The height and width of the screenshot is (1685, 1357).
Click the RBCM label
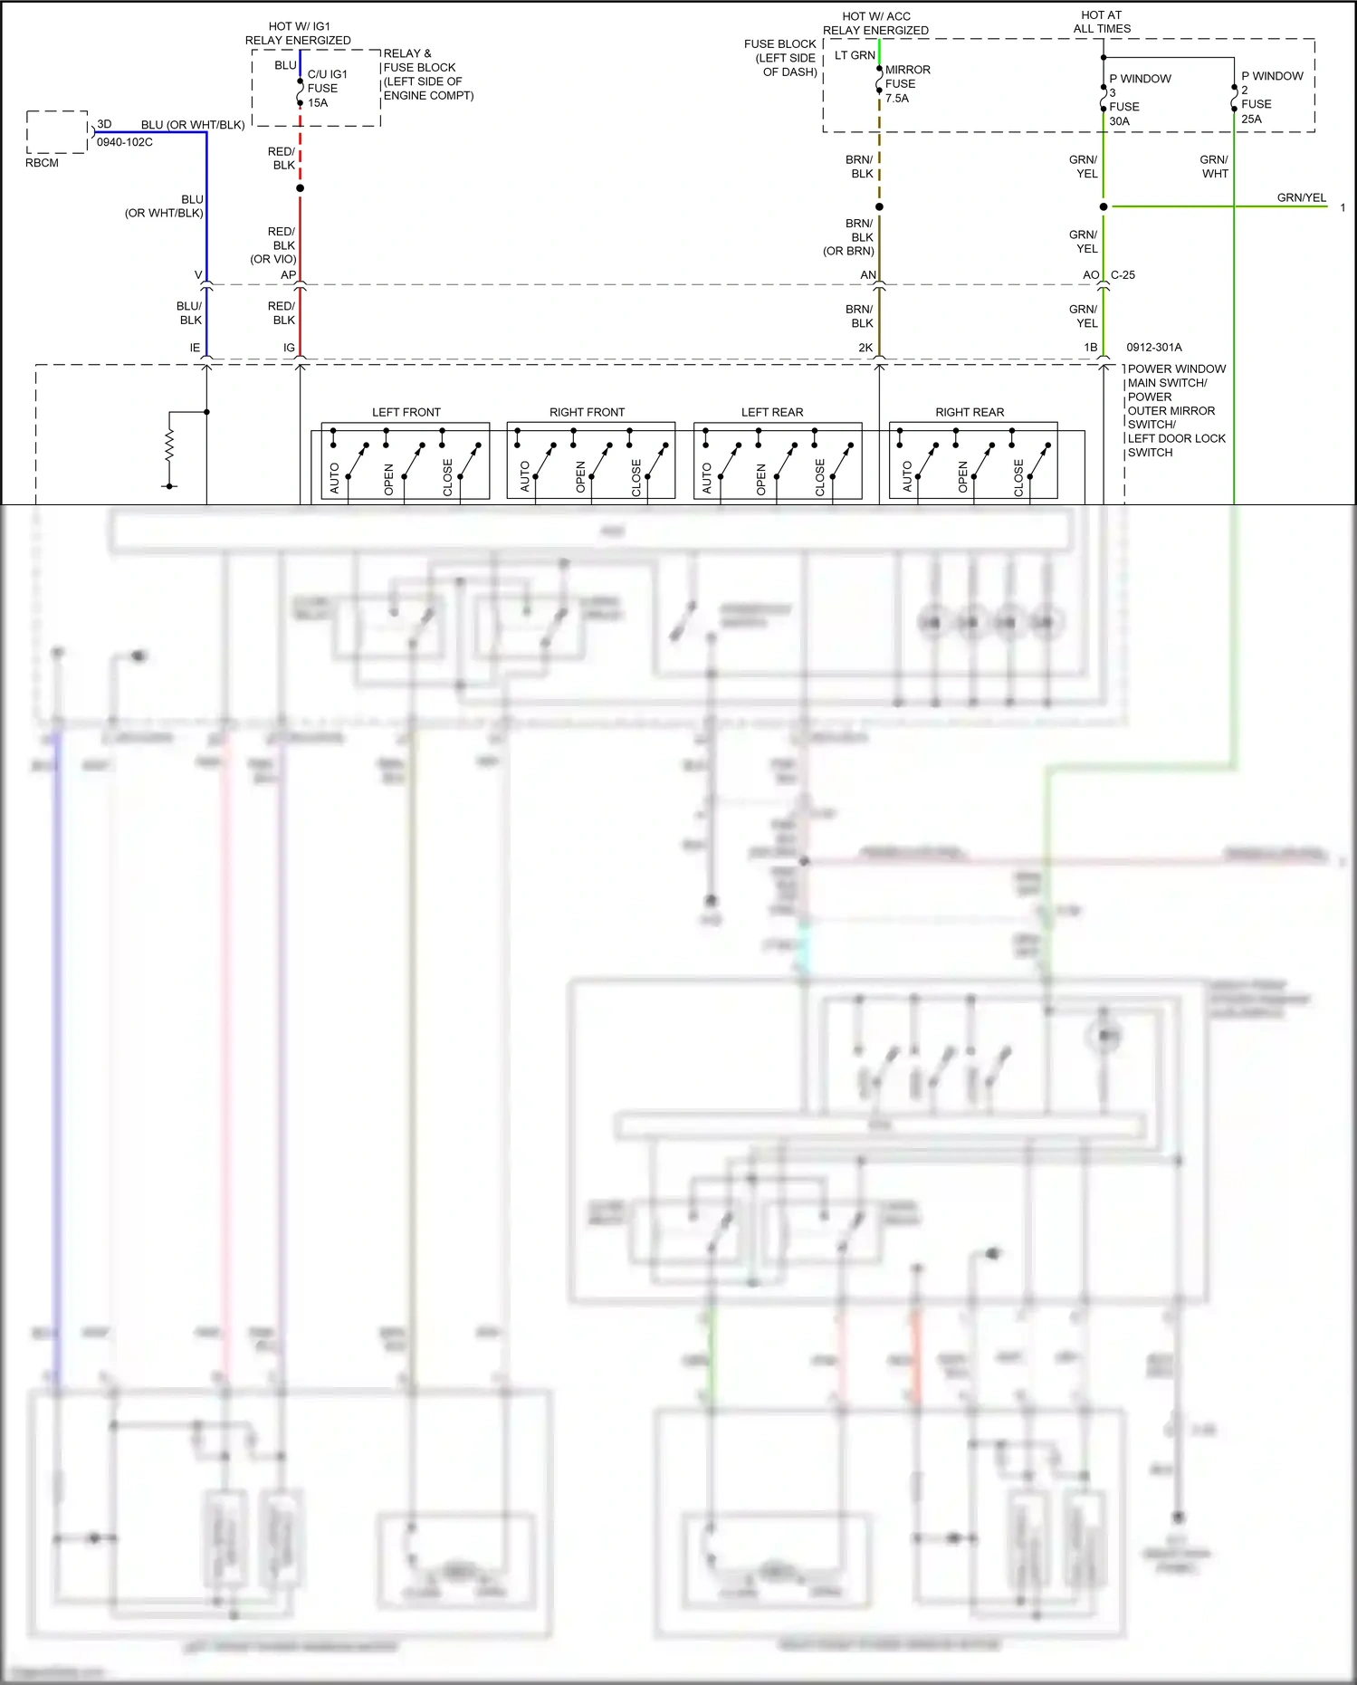point(42,163)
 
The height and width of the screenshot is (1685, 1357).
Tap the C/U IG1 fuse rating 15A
point(318,103)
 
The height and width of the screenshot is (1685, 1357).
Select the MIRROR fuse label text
point(907,70)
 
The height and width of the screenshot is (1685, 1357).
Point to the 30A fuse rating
point(1119,120)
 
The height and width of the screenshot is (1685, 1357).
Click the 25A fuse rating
point(1251,119)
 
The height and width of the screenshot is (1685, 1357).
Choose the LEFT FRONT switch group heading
point(406,412)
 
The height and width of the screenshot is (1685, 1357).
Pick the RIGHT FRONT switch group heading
point(587,412)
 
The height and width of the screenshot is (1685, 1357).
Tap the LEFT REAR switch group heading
point(772,412)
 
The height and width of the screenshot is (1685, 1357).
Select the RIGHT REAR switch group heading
point(970,412)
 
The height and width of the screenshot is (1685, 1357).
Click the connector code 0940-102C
point(125,142)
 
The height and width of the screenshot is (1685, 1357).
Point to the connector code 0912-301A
point(1154,347)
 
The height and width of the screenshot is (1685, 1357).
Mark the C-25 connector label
point(1123,275)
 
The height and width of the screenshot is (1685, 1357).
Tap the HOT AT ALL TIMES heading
point(1102,22)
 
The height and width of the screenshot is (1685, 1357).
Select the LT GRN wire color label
point(855,55)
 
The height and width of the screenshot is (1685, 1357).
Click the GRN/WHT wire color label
point(1214,167)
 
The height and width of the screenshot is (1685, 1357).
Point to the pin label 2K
point(865,348)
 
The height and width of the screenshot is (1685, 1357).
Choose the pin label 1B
point(1091,348)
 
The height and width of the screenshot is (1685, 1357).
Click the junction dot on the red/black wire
point(300,188)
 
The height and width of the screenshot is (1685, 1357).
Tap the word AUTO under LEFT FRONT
point(334,478)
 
